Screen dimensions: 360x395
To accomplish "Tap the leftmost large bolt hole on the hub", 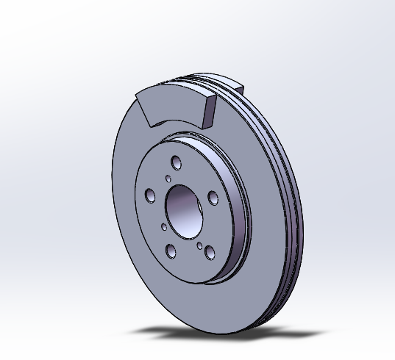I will coord(150,195).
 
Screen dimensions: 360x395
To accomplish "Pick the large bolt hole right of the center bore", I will coord(213,198).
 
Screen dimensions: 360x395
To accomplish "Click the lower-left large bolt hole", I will coord(171,252).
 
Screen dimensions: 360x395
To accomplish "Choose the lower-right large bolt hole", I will coord(210,252).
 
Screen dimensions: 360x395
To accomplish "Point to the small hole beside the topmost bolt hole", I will coord(168,178).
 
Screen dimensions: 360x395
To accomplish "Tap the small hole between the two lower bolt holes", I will coord(199,245).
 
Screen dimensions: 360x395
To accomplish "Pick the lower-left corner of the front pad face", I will coord(148,123).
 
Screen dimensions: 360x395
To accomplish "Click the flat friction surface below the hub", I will coord(191,294).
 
